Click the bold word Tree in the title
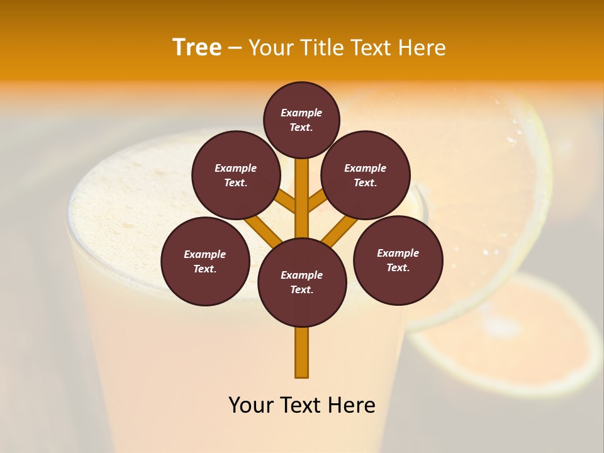pyautogui.click(x=197, y=48)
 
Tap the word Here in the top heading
pyautogui.click(x=421, y=48)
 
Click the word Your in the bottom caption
pyautogui.click(x=252, y=405)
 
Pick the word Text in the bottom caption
pyautogui.click(x=302, y=405)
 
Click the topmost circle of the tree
pyautogui.click(x=301, y=120)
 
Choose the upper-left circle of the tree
pyautogui.click(x=236, y=175)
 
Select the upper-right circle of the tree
pyautogui.click(x=366, y=175)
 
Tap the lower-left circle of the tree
pyautogui.click(x=205, y=261)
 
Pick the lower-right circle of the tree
pyautogui.click(x=398, y=260)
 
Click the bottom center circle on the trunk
pyautogui.click(x=302, y=282)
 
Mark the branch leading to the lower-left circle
pyautogui.click(x=263, y=230)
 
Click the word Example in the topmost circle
pyautogui.click(x=301, y=113)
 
